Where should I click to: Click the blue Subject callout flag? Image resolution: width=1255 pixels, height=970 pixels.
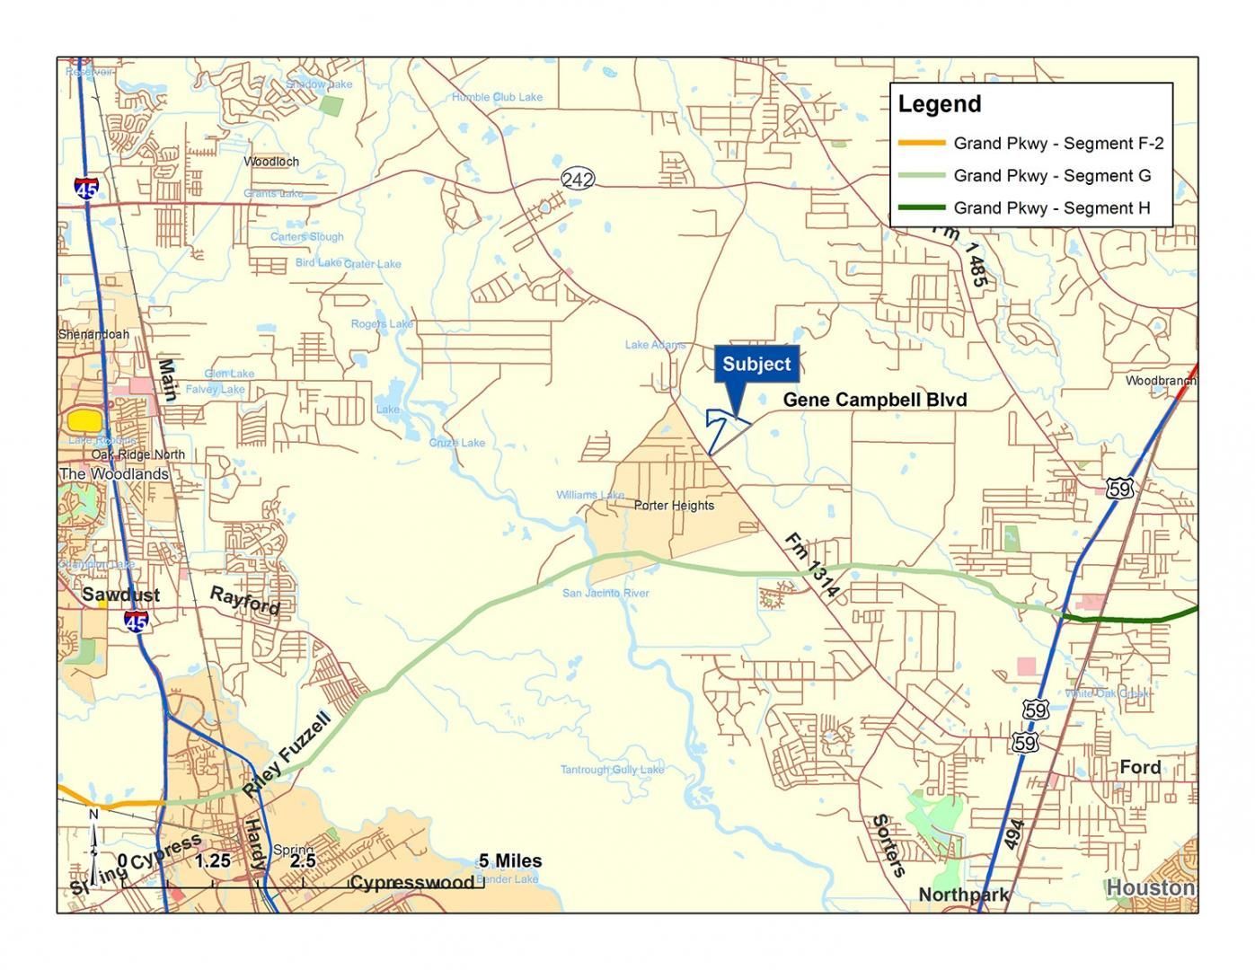tap(756, 365)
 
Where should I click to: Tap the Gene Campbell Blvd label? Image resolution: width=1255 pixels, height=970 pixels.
tap(874, 400)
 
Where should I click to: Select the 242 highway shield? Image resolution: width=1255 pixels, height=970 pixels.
tap(578, 180)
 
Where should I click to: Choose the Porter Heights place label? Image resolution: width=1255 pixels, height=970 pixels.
tap(674, 506)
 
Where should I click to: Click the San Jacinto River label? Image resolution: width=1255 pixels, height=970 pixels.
tap(605, 594)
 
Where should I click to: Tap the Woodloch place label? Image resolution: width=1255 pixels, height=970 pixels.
tap(271, 162)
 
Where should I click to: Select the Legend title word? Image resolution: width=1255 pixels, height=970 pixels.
tap(939, 104)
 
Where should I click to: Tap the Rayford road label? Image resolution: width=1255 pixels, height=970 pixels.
tap(244, 600)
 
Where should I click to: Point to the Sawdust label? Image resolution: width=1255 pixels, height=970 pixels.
tap(120, 595)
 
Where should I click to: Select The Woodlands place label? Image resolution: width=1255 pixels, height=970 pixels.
tap(113, 473)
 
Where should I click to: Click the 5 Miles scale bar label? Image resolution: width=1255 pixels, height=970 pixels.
tap(509, 861)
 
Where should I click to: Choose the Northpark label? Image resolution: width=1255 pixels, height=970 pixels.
tap(963, 895)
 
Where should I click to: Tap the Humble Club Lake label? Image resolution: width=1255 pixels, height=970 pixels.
tap(497, 97)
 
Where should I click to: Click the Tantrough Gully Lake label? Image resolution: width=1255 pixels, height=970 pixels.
tap(612, 770)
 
